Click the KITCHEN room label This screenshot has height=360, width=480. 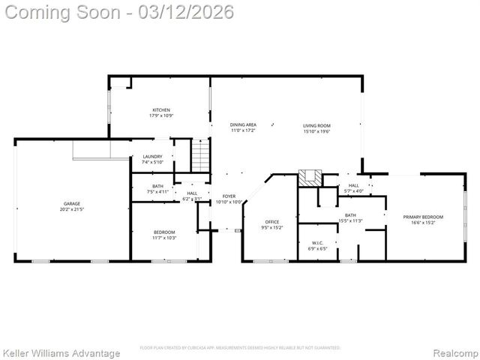click(x=161, y=109)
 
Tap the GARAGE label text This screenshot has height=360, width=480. click(x=71, y=203)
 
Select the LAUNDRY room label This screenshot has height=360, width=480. click(x=152, y=157)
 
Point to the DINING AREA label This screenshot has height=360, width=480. click(x=243, y=125)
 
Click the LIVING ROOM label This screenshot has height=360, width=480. click(x=316, y=125)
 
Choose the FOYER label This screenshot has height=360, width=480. click(x=229, y=196)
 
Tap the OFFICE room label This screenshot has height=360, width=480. click(x=272, y=222)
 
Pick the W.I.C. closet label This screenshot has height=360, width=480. click(x=317, y=242)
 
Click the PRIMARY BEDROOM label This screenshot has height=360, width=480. click(x=423, y=217)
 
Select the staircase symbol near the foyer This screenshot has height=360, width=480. click(x=200, y=155)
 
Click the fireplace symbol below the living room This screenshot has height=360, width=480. click(x=309, y=178)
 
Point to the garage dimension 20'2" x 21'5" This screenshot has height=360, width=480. click(x=71, y=208)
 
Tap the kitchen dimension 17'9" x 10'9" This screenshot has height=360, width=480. click(x=161, y=115)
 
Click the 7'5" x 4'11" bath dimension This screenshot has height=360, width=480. click(x=157, y=191)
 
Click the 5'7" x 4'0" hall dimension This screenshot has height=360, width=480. click(x=353, y=191)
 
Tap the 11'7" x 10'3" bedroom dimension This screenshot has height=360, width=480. click(x=164, y=238)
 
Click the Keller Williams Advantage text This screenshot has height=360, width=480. click(x=61, y=352)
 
